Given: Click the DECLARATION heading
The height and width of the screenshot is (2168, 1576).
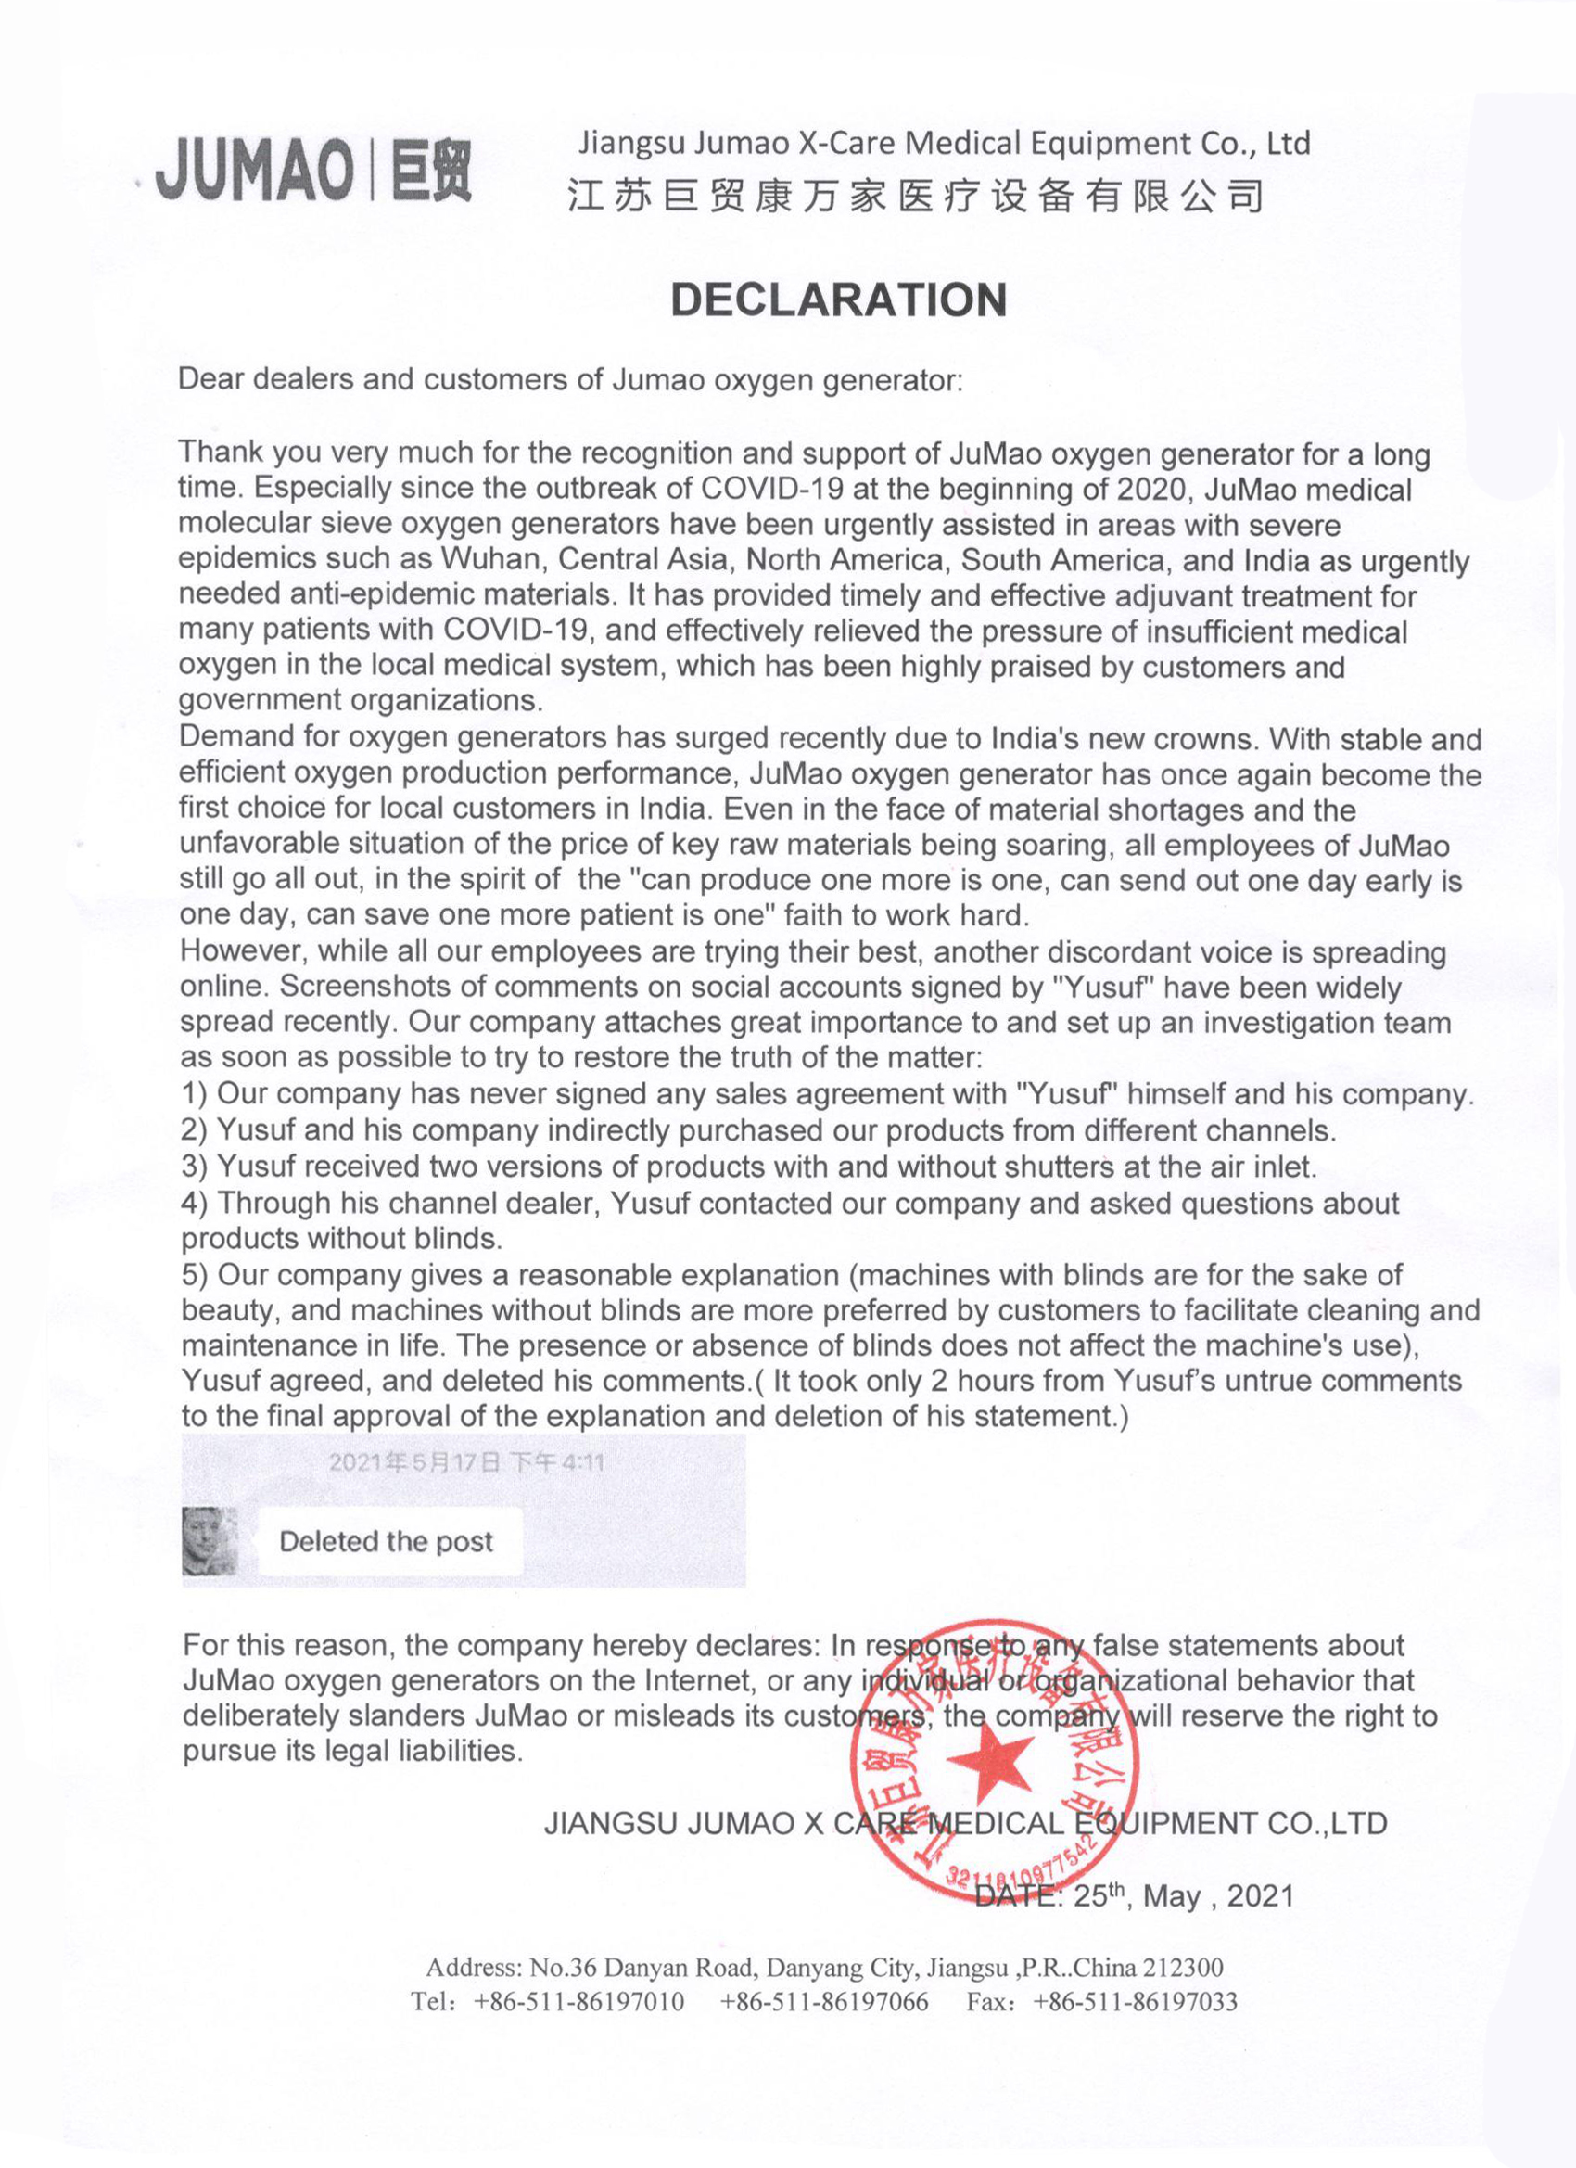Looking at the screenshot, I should tap(838, 300).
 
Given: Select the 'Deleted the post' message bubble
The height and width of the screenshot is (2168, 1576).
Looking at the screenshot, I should tap(388, 1541).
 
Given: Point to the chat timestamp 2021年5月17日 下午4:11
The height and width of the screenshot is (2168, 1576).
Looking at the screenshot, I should tap(466, 1461).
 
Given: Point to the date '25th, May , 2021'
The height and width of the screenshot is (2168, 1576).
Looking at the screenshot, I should tap(1183, 1895).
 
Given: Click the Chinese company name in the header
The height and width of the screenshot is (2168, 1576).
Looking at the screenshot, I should tap(915, 196).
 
